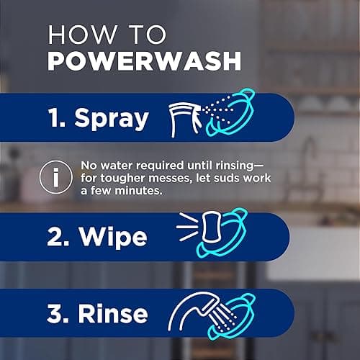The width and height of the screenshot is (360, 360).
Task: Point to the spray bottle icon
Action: (186, 115)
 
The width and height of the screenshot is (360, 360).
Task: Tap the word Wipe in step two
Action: (108, 236)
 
